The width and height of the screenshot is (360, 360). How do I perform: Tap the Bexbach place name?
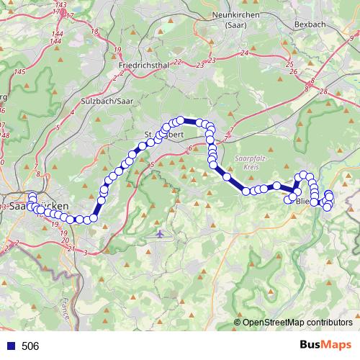coord(312,23)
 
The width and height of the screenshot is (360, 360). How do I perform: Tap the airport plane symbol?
coord(159,234)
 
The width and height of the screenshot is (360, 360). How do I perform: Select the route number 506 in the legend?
coord(30,346)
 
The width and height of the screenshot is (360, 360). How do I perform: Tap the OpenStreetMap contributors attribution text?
coord(297,322)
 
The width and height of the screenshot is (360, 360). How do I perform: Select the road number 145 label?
coord(19,72)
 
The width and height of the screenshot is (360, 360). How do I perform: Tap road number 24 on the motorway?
coord(245,53)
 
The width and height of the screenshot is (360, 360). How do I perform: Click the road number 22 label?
coord(177,62)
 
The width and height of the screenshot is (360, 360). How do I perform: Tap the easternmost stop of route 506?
coord(330,196)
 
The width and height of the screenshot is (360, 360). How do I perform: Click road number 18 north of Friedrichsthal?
coord(95,32)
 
